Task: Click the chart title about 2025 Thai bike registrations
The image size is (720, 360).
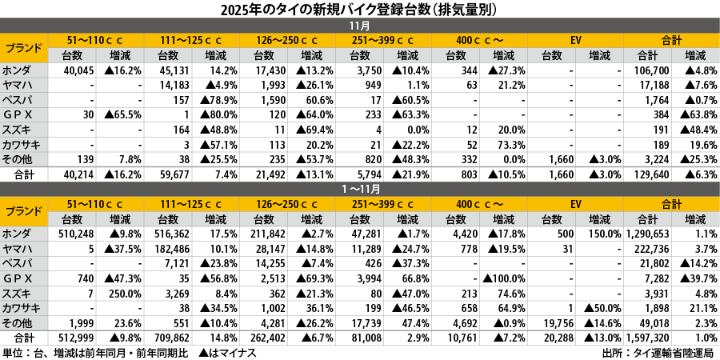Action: click(359, 10)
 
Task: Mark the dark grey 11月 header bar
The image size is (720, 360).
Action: click(359, 26)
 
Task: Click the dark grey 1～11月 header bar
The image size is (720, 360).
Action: click(359, 190)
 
